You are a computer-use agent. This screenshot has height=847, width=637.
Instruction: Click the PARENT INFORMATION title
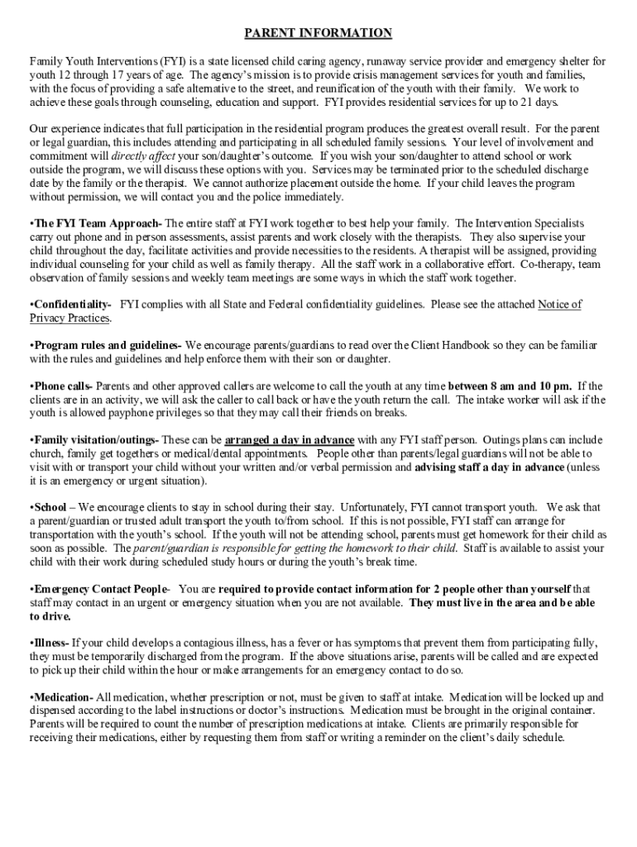(318, 34)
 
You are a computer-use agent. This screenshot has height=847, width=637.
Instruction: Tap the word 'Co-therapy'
(546, 264)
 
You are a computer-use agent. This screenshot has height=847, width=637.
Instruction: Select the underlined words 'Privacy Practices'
(69, 318)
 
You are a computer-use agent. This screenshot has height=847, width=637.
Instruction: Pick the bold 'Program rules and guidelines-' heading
(105, 345)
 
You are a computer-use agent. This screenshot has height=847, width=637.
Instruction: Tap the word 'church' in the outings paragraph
(48, 453)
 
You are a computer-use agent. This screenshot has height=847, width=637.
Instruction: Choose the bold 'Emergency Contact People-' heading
(99, 588)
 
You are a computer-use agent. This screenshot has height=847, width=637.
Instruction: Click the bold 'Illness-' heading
(50, 643)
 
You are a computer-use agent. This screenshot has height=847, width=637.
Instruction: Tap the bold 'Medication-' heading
(62, 697)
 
